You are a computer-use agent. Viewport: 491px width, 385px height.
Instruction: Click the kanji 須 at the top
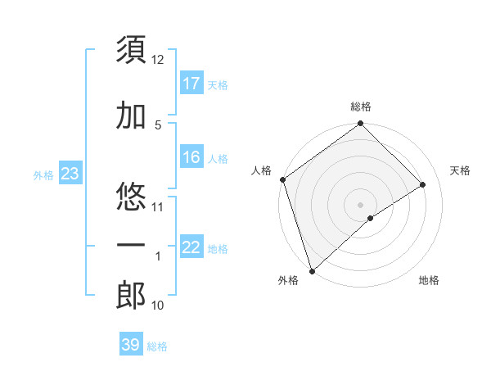click(131, 51)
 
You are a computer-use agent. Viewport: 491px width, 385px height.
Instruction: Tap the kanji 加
click(131, 116)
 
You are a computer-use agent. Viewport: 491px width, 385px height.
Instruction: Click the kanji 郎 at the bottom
click(131, 297)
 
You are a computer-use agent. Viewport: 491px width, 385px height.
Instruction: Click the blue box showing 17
click(191, 84)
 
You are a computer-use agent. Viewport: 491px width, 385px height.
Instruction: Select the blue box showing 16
click(191, 157)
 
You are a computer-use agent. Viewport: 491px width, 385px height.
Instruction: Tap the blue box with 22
click(191, 247)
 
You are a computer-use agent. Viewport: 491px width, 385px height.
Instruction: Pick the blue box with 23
click(69, 174)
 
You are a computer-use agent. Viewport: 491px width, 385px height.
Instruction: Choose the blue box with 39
click(130, 345)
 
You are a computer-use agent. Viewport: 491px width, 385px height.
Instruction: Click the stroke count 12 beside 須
click(158, 60)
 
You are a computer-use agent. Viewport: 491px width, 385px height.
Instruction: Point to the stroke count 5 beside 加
click(158, 125)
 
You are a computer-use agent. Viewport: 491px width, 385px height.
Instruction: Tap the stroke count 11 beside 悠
click(158, 206)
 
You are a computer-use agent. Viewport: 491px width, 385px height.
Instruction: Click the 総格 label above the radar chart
click(360, 106)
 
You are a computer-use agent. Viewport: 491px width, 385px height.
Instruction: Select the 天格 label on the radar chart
click(460, 170)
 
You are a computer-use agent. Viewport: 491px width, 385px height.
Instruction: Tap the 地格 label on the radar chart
click(429, 280)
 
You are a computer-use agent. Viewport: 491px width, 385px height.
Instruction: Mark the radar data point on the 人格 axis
click(282, 179)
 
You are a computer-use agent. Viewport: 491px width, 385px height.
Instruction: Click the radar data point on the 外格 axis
click(311, 270)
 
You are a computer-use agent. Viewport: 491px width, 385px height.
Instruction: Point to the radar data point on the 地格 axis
click(371, 218)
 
